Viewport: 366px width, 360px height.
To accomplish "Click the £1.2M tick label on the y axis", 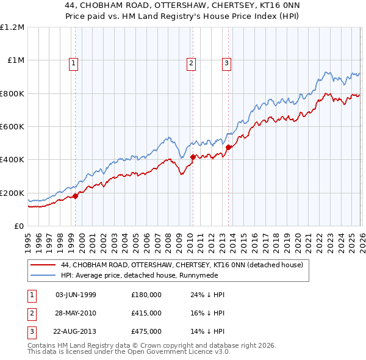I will tap(12, 27).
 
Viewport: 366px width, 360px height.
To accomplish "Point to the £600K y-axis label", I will tap(12, 127).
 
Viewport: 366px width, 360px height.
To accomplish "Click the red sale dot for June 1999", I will tap(76, 196).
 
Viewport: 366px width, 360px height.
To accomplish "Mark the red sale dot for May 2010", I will tap(193, 157).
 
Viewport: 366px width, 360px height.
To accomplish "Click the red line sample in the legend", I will tap(44, 265).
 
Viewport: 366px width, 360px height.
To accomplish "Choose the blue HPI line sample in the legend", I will tap(44, 275).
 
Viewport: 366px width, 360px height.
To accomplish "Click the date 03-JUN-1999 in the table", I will tap(76, 295).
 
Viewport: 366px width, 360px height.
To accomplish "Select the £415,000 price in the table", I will tap(146, 313).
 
